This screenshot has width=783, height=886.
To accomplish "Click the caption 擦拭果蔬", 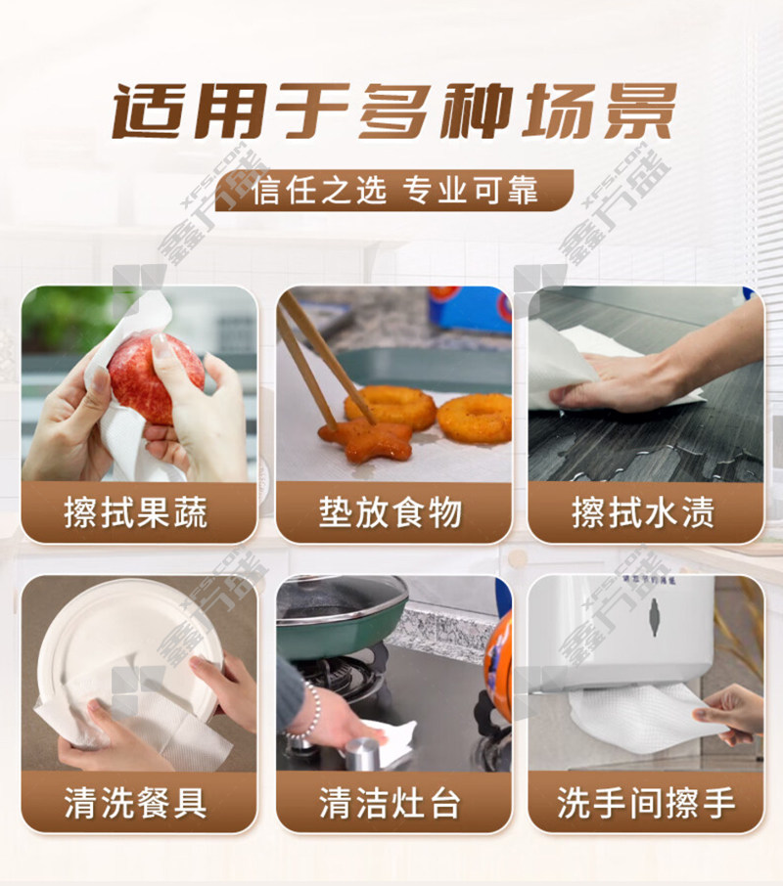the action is pos(136,512).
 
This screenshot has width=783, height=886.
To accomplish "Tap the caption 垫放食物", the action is pos(391,512).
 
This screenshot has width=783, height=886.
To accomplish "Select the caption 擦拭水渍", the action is pos(643,512).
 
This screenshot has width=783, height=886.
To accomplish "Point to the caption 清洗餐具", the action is pos(136,802).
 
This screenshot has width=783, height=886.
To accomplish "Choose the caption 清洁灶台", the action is pos(391,802).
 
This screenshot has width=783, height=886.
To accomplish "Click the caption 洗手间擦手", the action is pos(646,802).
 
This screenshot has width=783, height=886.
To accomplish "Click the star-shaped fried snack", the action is pos(365,439).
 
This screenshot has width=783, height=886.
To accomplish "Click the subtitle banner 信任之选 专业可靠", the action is pos(395,191).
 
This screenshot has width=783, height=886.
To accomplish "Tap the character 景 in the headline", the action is pos(636,111).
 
